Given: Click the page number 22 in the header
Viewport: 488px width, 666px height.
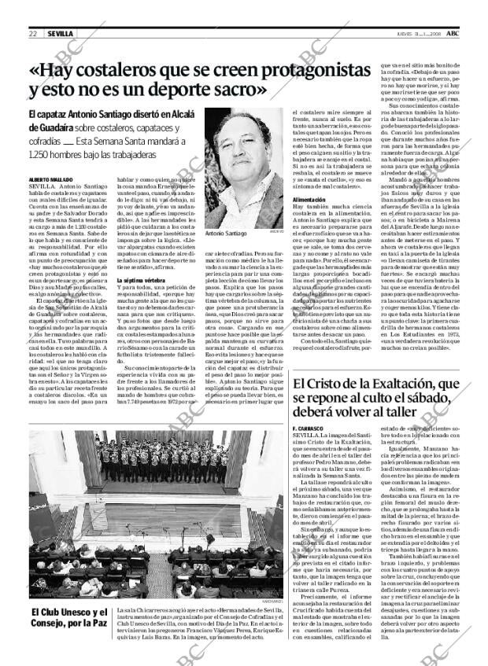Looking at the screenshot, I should [x=34, y=34].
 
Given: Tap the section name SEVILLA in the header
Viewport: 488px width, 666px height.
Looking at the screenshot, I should [x=61, y=34].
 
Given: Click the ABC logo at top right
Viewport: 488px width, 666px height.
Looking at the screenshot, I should [x=454, y=33].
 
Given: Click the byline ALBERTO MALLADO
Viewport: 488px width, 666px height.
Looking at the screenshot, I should [x=50, y=180].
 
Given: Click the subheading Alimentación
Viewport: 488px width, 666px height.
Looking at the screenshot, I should [x=309, y=201].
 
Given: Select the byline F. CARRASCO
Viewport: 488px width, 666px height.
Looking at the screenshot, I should [x=307, y=426].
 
